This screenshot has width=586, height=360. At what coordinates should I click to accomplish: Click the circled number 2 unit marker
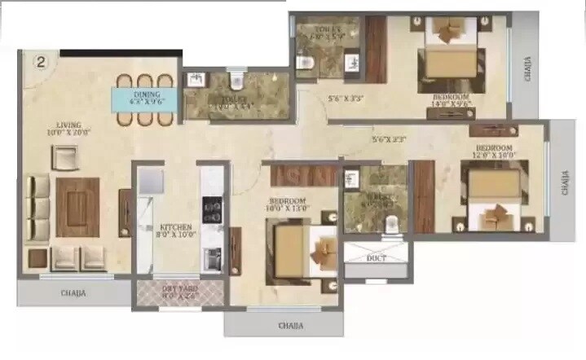pos(39,61)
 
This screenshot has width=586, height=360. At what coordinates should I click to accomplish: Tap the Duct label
pos(377,259)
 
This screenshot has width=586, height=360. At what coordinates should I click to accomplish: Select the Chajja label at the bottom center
pos(290,326)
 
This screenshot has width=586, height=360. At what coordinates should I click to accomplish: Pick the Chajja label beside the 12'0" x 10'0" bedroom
pos(565,182)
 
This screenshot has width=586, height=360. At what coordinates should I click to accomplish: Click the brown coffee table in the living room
pos(77,206)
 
